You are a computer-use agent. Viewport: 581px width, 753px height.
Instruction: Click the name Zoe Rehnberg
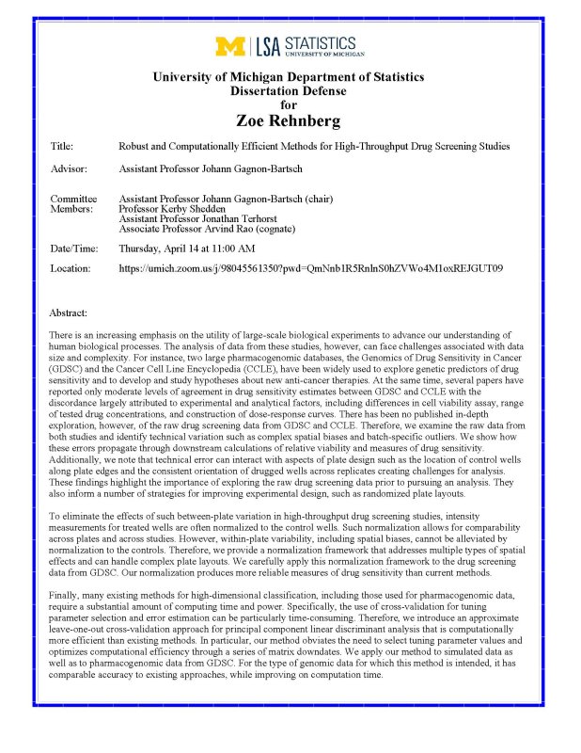(290, 121)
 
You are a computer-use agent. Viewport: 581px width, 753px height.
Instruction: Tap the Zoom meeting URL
(311, 269)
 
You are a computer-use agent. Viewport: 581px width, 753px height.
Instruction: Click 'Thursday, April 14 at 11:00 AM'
(187, 248)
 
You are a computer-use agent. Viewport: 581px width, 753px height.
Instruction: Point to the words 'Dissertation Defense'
(289, 90)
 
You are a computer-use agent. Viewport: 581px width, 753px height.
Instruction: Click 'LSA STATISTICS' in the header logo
(306, 44)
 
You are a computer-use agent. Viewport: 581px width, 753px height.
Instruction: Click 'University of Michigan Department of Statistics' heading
(289, 76)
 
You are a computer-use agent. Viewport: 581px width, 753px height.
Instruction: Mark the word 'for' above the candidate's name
(289, 104)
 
